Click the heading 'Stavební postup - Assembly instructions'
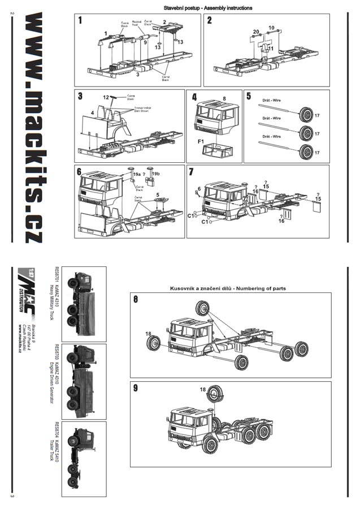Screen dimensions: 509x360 pos(208,8)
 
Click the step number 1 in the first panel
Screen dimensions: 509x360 pos(80,21)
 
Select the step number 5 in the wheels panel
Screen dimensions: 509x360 pos(249,96)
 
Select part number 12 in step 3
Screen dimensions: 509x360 pos(106,97)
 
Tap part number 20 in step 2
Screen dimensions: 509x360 pos(256,32)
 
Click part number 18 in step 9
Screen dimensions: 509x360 pos(202,390)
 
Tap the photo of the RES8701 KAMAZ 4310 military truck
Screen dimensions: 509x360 pos(84,304)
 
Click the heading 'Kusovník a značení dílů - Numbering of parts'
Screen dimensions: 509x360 pos(228,288)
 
